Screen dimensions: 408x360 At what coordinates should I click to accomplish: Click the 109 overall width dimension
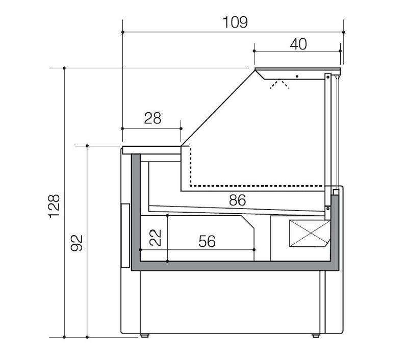point(235,22)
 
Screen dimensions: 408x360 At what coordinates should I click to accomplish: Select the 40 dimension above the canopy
point(298,44)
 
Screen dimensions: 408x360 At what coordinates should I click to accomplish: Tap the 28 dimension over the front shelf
point(152,118)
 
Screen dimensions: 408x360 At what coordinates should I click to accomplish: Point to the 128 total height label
point(54,206)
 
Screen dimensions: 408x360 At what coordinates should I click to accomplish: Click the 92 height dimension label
point(77,243)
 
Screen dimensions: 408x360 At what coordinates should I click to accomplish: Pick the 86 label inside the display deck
point(237,200)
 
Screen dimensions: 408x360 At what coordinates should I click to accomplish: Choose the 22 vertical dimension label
point(156,238)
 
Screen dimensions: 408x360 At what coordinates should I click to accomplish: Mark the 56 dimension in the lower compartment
point(207,241)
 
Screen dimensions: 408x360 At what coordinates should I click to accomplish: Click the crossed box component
point(310,234)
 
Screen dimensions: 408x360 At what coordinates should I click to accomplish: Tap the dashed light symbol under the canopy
point(279,84)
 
